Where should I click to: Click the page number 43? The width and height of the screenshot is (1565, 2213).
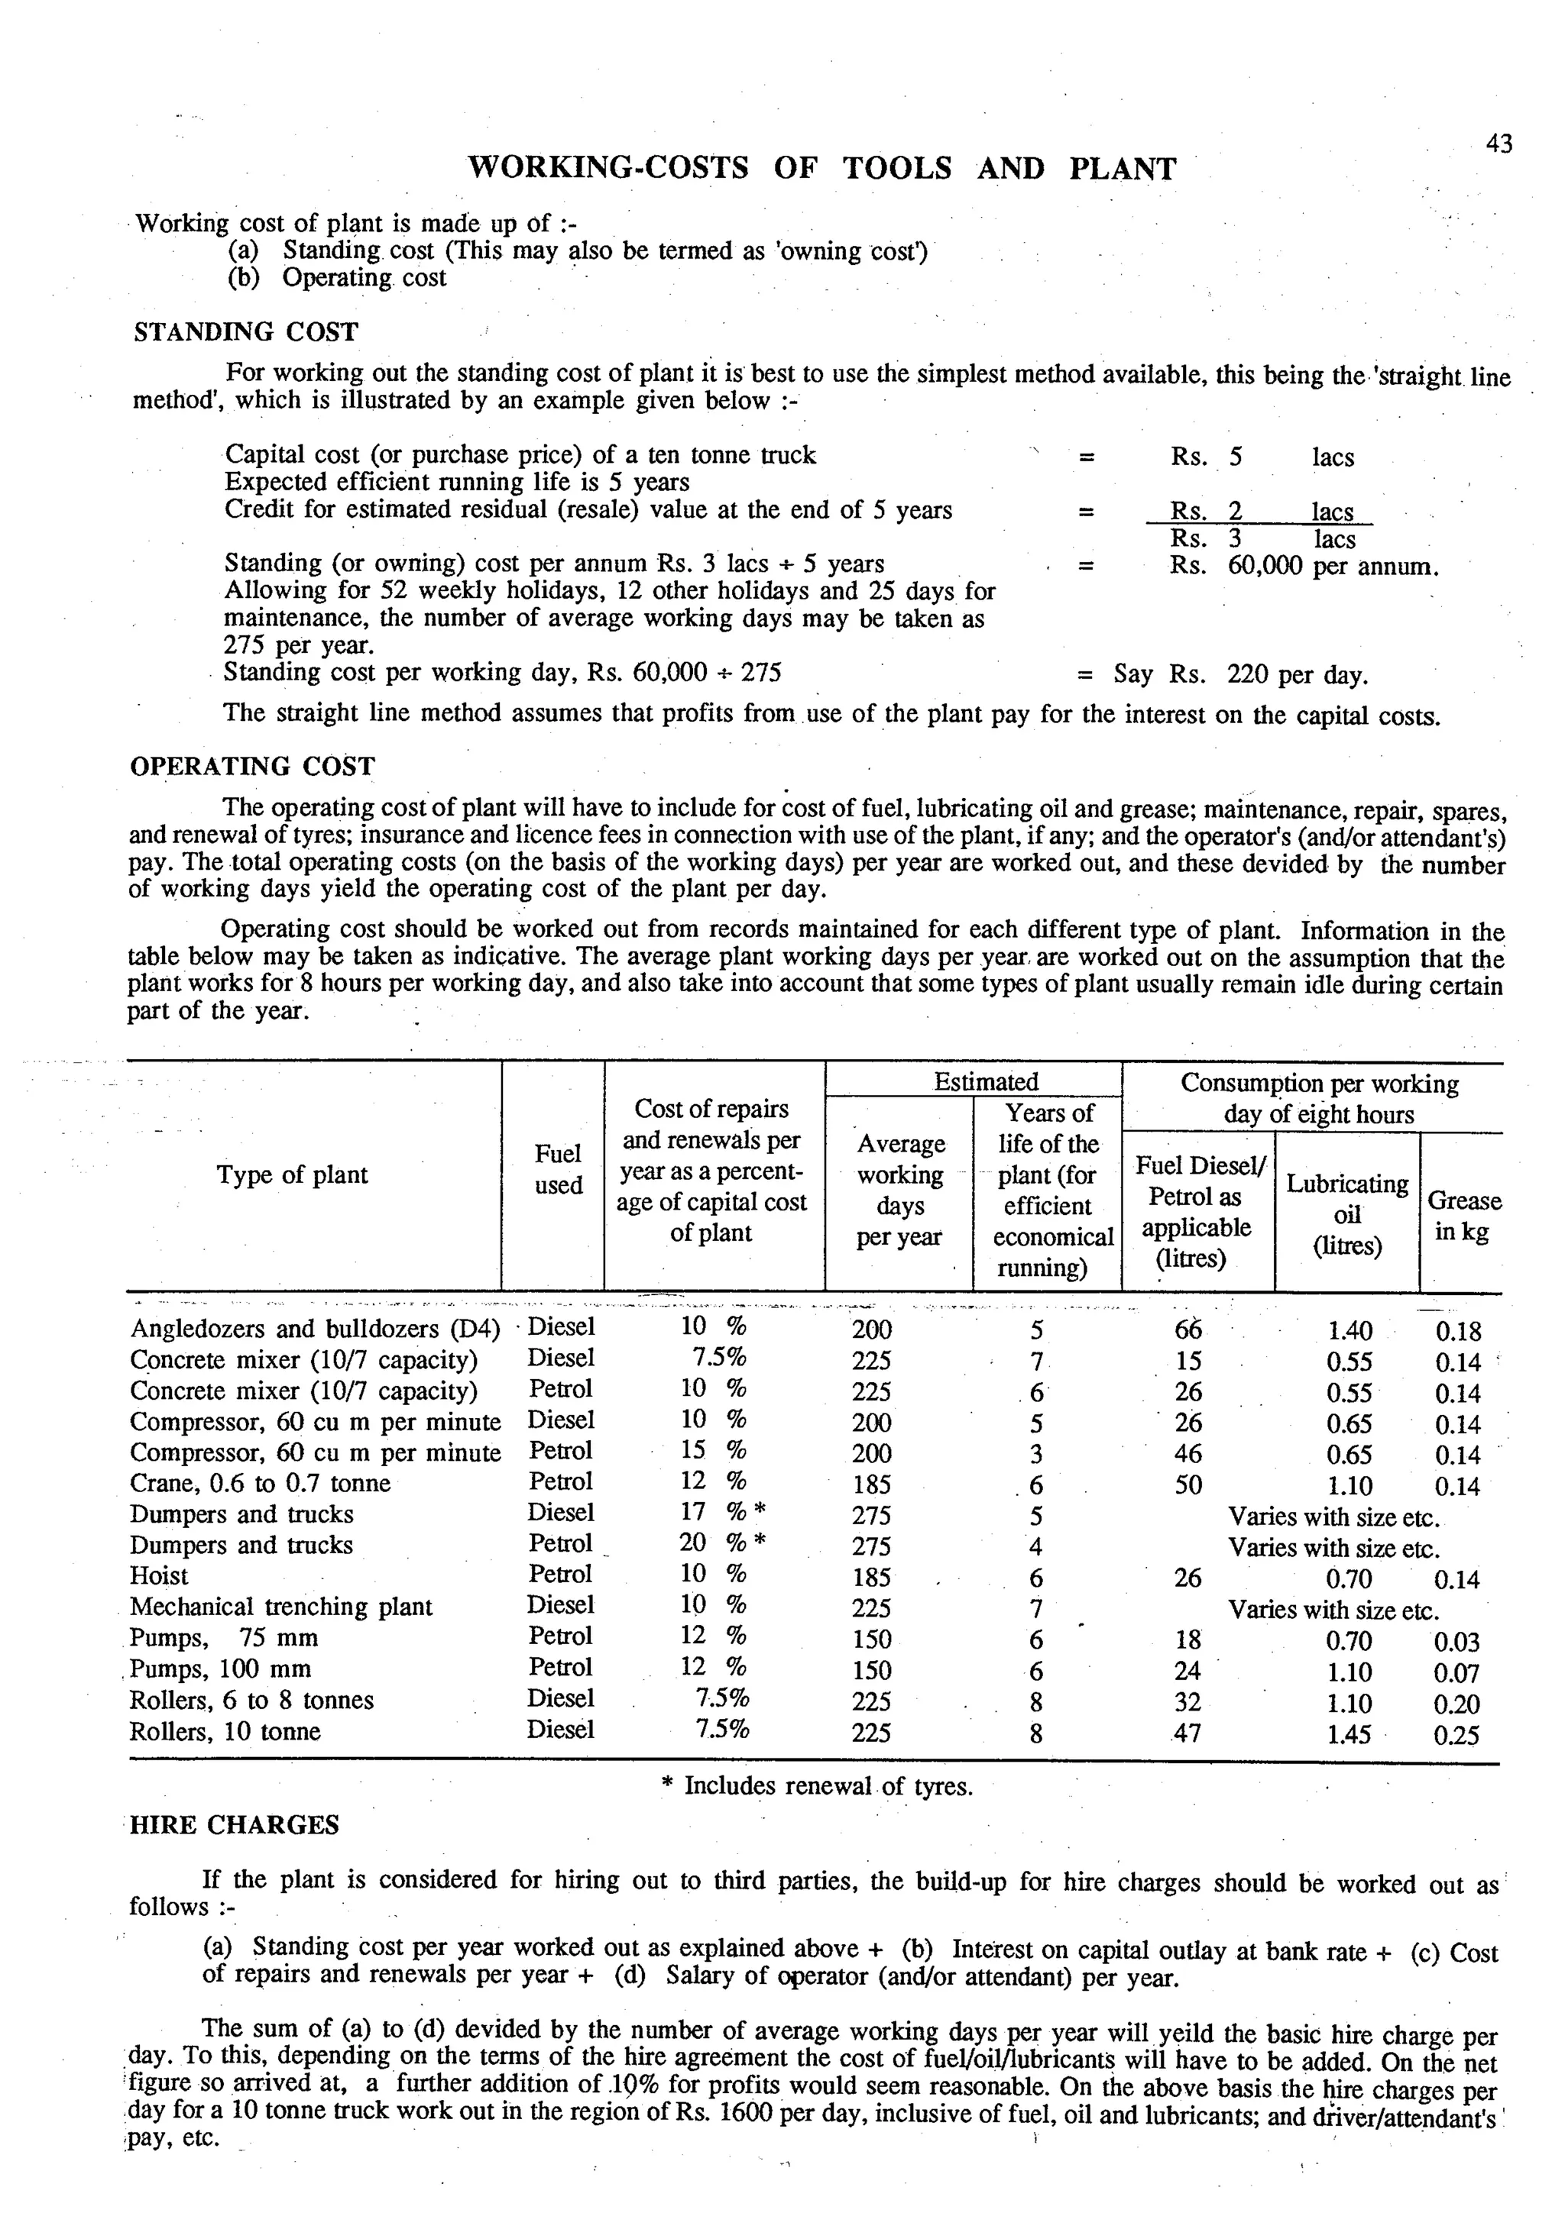1499,144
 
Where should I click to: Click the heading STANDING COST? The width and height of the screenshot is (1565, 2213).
245,332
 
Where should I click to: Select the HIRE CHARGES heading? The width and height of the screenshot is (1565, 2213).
235,1826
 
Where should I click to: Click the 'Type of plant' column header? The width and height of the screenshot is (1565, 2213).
292,1175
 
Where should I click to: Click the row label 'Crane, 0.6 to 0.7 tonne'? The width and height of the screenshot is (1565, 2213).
261,1484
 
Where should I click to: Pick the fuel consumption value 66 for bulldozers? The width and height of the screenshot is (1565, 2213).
1188,1330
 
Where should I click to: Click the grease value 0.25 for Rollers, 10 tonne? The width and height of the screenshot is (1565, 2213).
1456,1736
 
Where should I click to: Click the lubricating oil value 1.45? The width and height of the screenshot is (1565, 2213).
1348,1735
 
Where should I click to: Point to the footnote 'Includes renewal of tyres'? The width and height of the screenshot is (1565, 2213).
828,1787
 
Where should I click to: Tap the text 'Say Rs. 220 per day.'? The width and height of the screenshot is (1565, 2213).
1240,675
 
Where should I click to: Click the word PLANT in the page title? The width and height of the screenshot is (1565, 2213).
1123,170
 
